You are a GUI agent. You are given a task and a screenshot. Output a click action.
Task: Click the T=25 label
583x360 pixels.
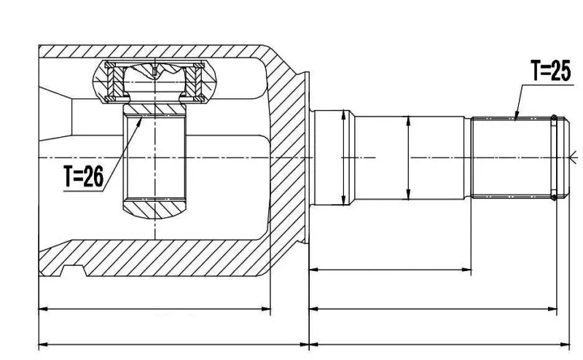coord(550,71)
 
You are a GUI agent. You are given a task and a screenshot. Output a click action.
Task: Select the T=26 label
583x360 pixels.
coord(83,176)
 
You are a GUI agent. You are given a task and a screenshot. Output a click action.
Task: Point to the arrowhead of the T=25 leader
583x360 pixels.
coord(515,118)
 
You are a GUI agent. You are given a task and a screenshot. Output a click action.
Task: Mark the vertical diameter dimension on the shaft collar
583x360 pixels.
coord(343,157)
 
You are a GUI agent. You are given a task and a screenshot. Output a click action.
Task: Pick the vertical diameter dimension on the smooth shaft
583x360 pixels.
coord(408,157)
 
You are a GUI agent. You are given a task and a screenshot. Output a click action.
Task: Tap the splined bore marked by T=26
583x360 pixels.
coord(154,157)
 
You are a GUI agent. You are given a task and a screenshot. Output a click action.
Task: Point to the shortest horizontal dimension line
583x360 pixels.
coord(390,270)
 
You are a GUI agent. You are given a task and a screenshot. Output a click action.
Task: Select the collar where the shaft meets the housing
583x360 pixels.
coord(331,157)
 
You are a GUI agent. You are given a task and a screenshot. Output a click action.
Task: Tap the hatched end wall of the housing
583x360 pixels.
coord(288,157)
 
